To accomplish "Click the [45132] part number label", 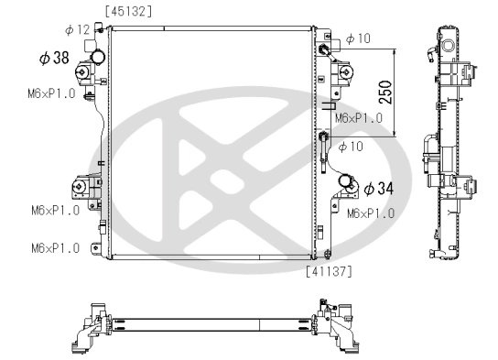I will click(129, 11).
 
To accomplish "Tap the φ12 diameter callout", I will click(80, 30).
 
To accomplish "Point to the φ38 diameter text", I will click(54, 58).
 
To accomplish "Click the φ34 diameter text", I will click(378, 189).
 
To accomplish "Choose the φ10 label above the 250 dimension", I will click(358, 38).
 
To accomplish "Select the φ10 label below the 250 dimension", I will click(351, 147).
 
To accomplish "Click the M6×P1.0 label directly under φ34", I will click(371, 213).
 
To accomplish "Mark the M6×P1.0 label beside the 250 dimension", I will click(358, 118).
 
